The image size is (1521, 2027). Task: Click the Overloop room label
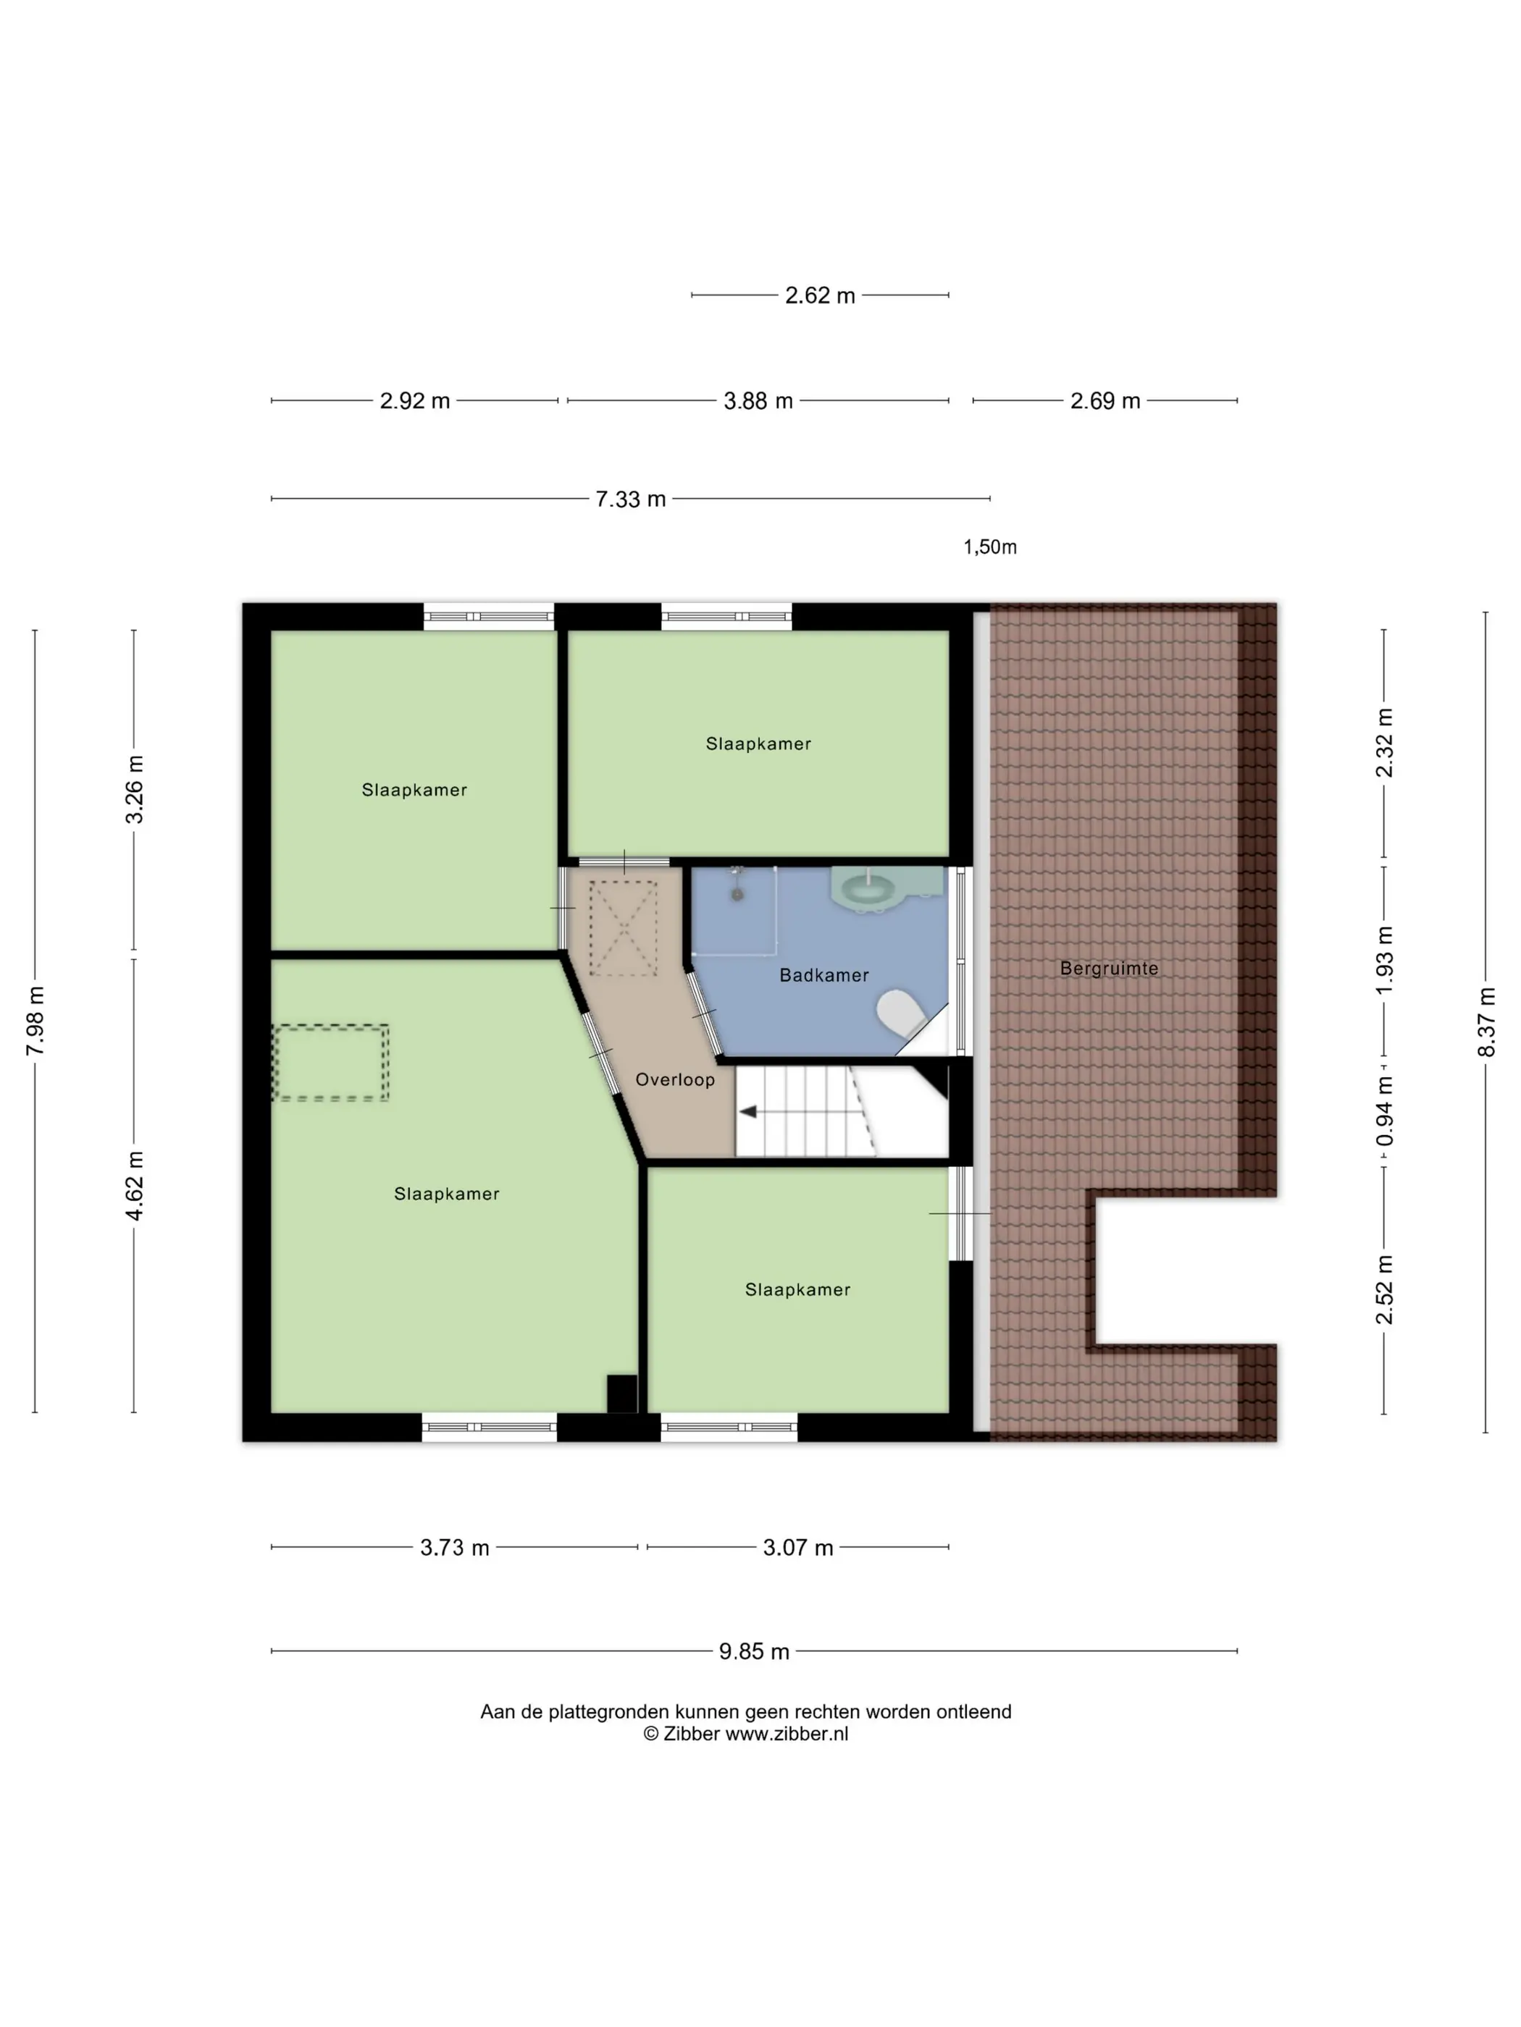coord(675,1079)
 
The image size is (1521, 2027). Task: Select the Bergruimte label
coord(1108,968)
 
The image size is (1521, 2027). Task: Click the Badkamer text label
coord(824,975)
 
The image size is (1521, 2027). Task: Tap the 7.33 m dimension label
coord(631,500)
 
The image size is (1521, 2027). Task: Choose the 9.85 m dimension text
coord(754,1651)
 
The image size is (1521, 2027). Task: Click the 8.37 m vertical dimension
coord(1486,1021)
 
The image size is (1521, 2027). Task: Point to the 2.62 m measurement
coord(820,295)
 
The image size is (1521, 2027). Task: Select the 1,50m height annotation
coord(989,547)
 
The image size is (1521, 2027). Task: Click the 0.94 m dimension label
coord(1384,1111)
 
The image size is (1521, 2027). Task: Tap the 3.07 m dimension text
coord(797,1548)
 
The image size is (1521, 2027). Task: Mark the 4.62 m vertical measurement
coord(135,1186)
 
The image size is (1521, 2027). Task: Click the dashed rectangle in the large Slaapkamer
coord(331,1062)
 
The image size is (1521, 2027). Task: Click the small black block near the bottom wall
coord(622,1393)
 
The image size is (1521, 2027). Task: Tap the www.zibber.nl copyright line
coord(745,1734)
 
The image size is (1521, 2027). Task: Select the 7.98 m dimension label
coord(35,1021)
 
